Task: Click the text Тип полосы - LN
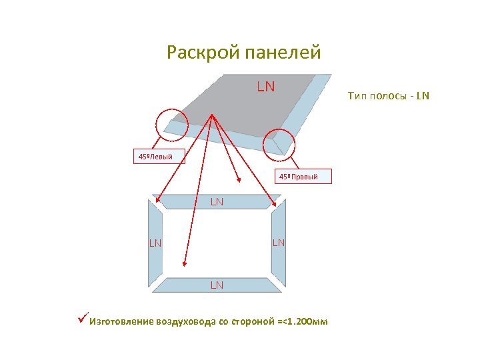click(x=389, y=97)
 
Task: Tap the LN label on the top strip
click(x=217, y=201)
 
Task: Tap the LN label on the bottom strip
click(x=217, y=285)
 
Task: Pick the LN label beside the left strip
click(x=155, y=243)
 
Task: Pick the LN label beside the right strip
click(x=279, y=243)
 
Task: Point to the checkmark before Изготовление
click(x=83, y=321)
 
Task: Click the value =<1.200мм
click(x=303, y=322)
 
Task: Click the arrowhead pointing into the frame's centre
click(x=239, y=180)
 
